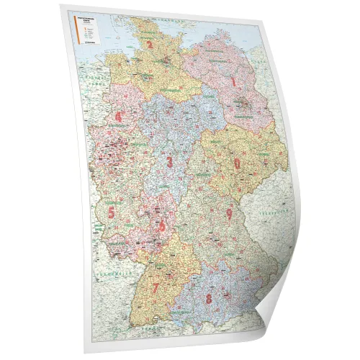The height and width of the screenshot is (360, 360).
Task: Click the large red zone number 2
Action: click(x=149, y=45)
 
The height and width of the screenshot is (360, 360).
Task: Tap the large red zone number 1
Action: click(x=233, y=81)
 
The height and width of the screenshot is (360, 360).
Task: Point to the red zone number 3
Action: click(x=170, y=162)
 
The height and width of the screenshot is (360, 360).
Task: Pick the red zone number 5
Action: click(x=112, y=212)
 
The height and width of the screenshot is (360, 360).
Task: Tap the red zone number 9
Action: click(x=229, y=213)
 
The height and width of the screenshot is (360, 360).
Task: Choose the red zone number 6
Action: click(x=162, y=225)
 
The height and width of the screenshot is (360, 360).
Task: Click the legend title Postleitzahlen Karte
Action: click(x=91, y=17)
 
